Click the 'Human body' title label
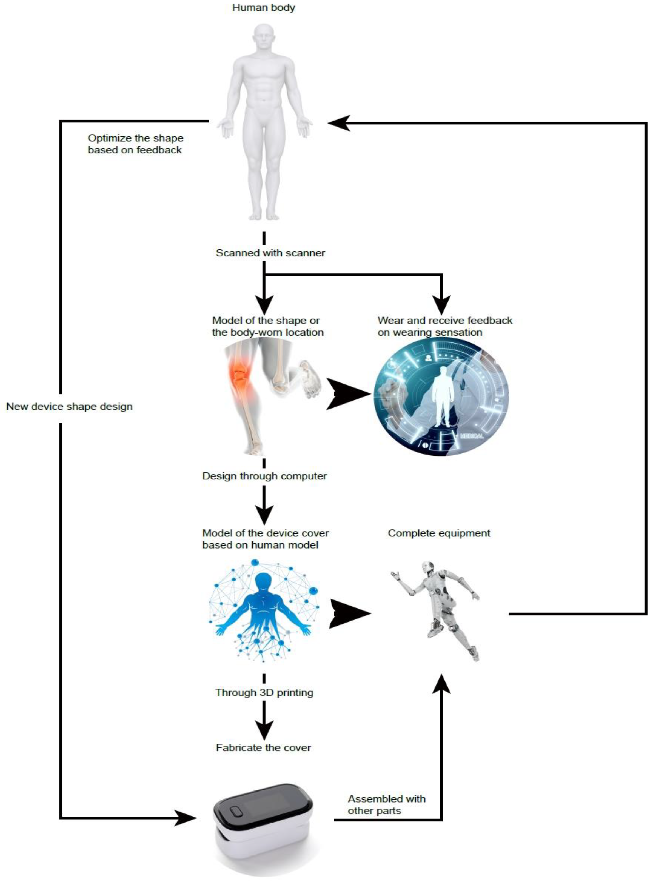pyautogui.click(x=263, y=7)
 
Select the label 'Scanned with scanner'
pyautogui.click(x=270, y=253)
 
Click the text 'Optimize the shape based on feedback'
pyautogui.click(x=135, y=144)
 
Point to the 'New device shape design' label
pyautogui.click(x=70, y=406)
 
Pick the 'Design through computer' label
pyautogui.click(x=264, y=476)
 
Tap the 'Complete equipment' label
pyautogui.click(x=439, y=533)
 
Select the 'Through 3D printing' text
pyautogui.click(x=264, y=692)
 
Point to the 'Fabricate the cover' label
pyautogui.click(x=263, y=748)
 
